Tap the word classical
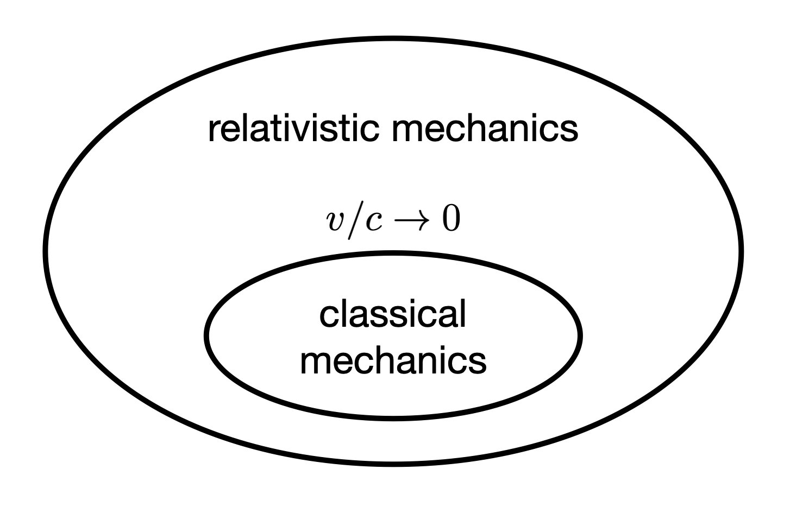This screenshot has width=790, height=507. pos(393,314)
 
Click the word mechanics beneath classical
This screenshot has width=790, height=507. pos(393,360)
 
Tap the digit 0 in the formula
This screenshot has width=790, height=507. pos(450,220)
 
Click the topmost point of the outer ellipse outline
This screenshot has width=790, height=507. pos(393,39)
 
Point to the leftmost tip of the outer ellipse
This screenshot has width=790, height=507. pos(46,251)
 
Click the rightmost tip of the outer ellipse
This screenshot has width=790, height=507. pos(741,251)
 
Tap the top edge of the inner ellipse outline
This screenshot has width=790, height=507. pos(393,253)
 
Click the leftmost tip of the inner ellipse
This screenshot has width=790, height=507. pos(207,335)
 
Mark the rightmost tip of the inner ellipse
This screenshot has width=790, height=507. pos(580,335)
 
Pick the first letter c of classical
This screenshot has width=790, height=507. pos(328,316)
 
